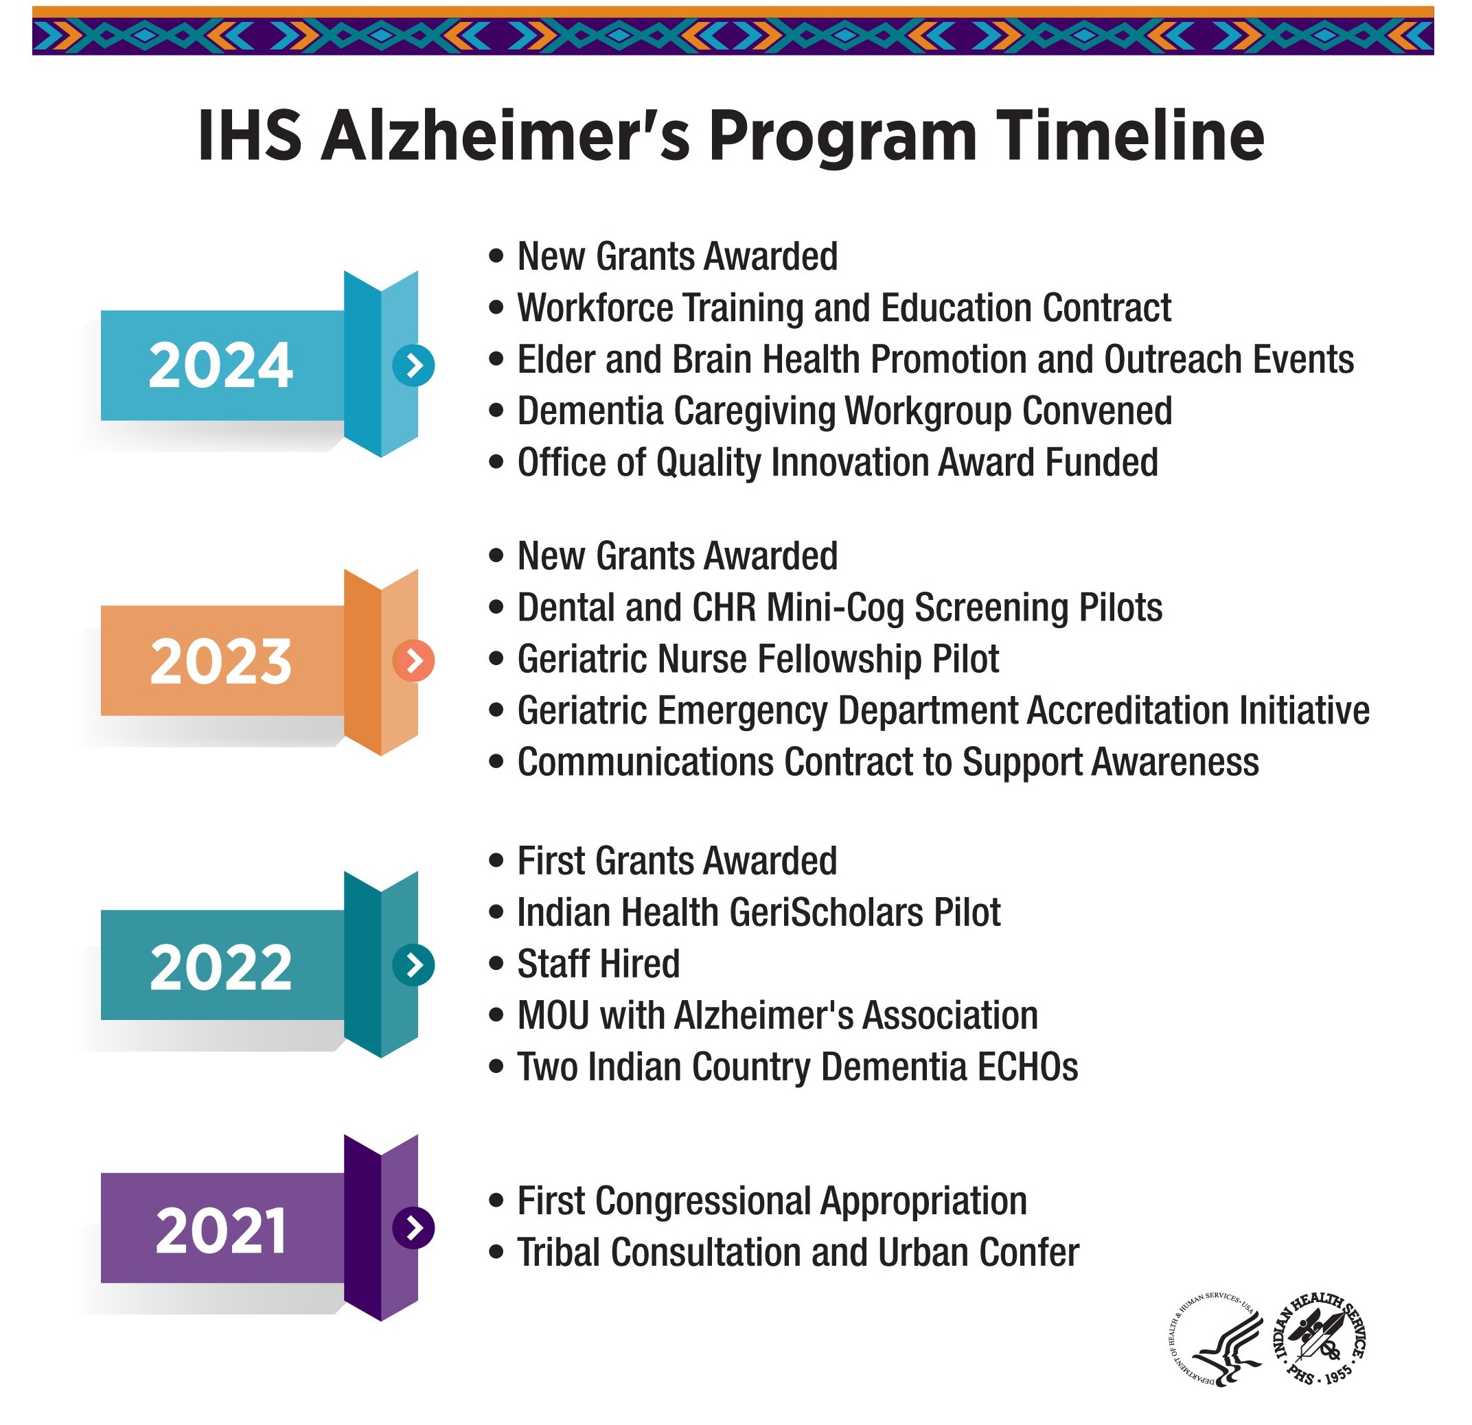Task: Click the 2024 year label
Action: (x=220, y=365)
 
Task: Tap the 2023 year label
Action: (x=220, y=661)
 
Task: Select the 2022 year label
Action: (x=220, y=967)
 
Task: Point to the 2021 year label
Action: (x=220, y=1231)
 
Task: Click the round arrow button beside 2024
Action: (x=413, y=366)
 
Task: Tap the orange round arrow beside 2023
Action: (x=413, y=662)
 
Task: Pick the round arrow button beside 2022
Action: (x=413, y=965)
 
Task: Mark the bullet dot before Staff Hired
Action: (x=496, y=964)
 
